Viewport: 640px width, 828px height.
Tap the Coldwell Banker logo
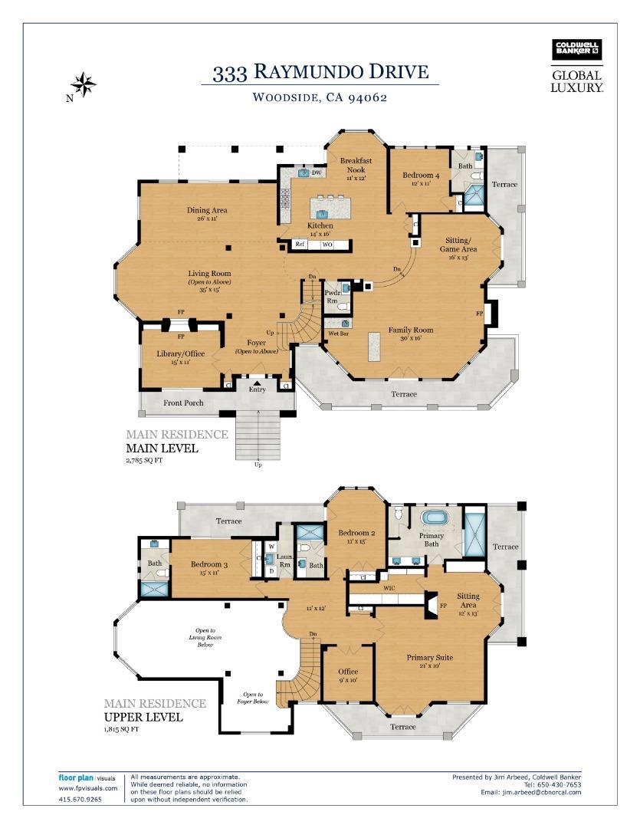[577, 50]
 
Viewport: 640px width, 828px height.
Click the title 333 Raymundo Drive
[320, 73]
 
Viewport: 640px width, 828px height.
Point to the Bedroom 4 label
[421, 176]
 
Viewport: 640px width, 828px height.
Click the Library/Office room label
[181, 353]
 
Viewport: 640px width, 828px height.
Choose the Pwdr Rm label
[333, 296]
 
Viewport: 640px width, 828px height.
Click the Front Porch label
[183, 403]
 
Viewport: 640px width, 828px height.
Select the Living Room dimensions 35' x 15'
[210, 290]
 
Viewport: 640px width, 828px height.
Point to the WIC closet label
[389, 589]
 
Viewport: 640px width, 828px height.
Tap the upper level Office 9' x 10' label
[347, 675]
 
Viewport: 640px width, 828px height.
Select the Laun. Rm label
[284, 560]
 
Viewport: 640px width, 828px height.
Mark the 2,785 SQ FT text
[144, 461]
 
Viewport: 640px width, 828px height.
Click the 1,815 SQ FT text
[123, 729]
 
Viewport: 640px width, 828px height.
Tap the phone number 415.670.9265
[80, 799]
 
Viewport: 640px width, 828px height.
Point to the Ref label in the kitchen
[300, 245]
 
